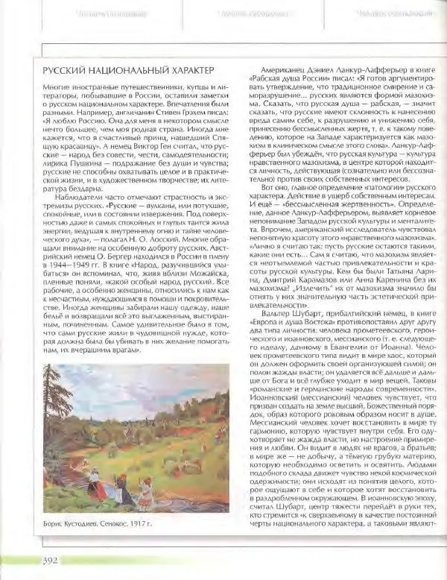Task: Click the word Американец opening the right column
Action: point(268,67)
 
